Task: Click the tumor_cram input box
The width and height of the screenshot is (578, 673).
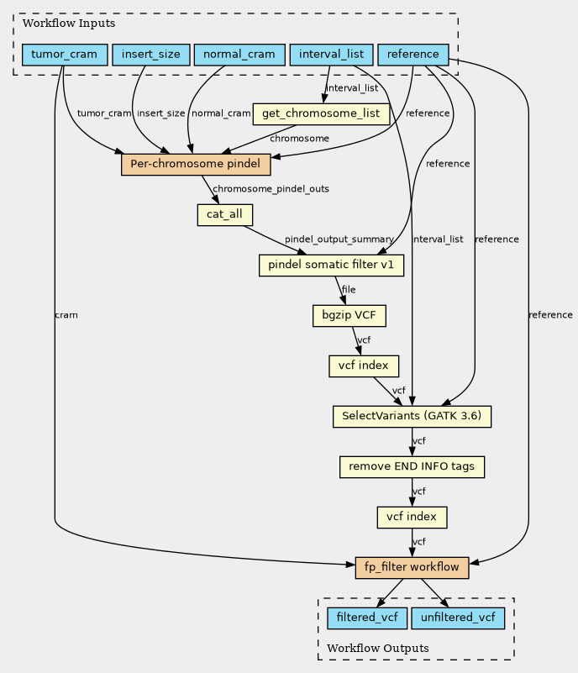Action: tap(65, 55)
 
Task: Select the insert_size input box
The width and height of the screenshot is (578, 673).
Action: tap(151, 55)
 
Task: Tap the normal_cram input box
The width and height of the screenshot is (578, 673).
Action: tap(239, 55)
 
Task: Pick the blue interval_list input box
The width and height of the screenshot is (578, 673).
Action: tap(331, 55)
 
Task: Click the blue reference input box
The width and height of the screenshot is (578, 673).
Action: tap(413, 55)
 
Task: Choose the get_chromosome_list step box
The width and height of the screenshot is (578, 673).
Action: tap(321, 113)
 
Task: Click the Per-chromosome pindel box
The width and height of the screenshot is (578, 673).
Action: tap(196, 165)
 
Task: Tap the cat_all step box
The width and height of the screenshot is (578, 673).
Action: tap(225, 214)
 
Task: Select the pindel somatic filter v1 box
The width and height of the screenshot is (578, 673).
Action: tap(331, 266)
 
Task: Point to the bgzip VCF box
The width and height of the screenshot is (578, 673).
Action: tap(349, 315)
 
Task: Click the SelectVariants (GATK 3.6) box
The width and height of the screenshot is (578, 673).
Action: tap(412, 417)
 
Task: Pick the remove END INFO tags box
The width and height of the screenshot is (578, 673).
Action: tap(412, 467)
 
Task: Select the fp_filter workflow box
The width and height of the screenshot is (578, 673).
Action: tap(412, 567)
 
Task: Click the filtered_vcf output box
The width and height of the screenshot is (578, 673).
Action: tap(367, 618)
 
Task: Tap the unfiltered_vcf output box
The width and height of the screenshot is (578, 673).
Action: tap(458, 618)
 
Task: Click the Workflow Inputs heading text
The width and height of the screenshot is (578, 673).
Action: tap(69, 24)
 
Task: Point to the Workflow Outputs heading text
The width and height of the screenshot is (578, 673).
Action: tap(378, 648)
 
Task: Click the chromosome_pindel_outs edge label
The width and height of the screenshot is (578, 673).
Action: tap(271, 189)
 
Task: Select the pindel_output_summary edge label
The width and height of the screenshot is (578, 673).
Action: tap(339, 239)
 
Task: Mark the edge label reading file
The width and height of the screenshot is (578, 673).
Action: tap(349, 290)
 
